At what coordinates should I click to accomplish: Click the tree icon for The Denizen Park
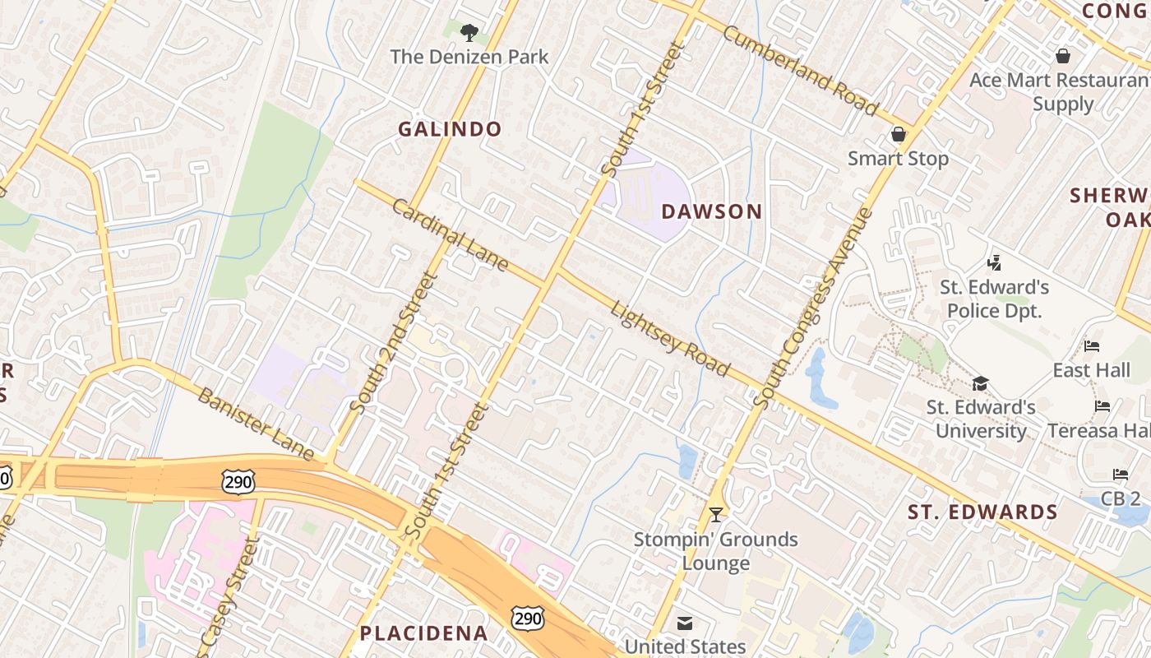point(469,33)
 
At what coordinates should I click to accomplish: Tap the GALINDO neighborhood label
point(450,129)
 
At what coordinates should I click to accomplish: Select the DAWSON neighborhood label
point(712,211)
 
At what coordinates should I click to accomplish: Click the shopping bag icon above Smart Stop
point(898,134)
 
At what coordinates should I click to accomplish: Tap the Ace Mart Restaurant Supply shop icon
point(1062,56)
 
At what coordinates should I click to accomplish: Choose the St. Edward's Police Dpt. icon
point(995,263)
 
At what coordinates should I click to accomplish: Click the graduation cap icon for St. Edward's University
point(980,383)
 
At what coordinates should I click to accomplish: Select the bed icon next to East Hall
point(1091,346)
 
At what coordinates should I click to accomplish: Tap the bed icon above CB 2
point(1121,475)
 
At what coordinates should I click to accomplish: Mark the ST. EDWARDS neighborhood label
point(982,512)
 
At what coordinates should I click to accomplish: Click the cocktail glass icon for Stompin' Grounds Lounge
point(716,515)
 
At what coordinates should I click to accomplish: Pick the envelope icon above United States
point(685,623)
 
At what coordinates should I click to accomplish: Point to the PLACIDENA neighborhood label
point(423,633)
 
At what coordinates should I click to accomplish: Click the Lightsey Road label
point(670,338)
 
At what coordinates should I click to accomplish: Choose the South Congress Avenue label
point(813,308)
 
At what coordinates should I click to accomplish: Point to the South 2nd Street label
point(391,342)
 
